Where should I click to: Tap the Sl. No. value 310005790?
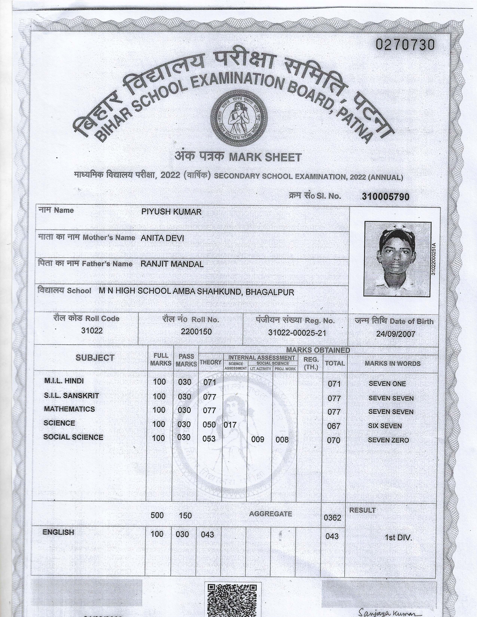click(x=385, y=197)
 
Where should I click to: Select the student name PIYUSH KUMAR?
click(x=171, y=212)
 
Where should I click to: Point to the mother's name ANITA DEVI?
click(x=162, y=238)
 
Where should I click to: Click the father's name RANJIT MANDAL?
click(x=172, y=264)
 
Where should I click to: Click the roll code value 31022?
click(x=92, y=331)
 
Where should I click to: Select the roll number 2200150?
click(x=196, y=332)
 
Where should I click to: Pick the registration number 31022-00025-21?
click(x=297, y=333)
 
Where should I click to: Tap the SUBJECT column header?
click(x=95, y=358)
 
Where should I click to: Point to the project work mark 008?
click(x=282, y=440)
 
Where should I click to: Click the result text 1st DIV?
click(x=398, y=537)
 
